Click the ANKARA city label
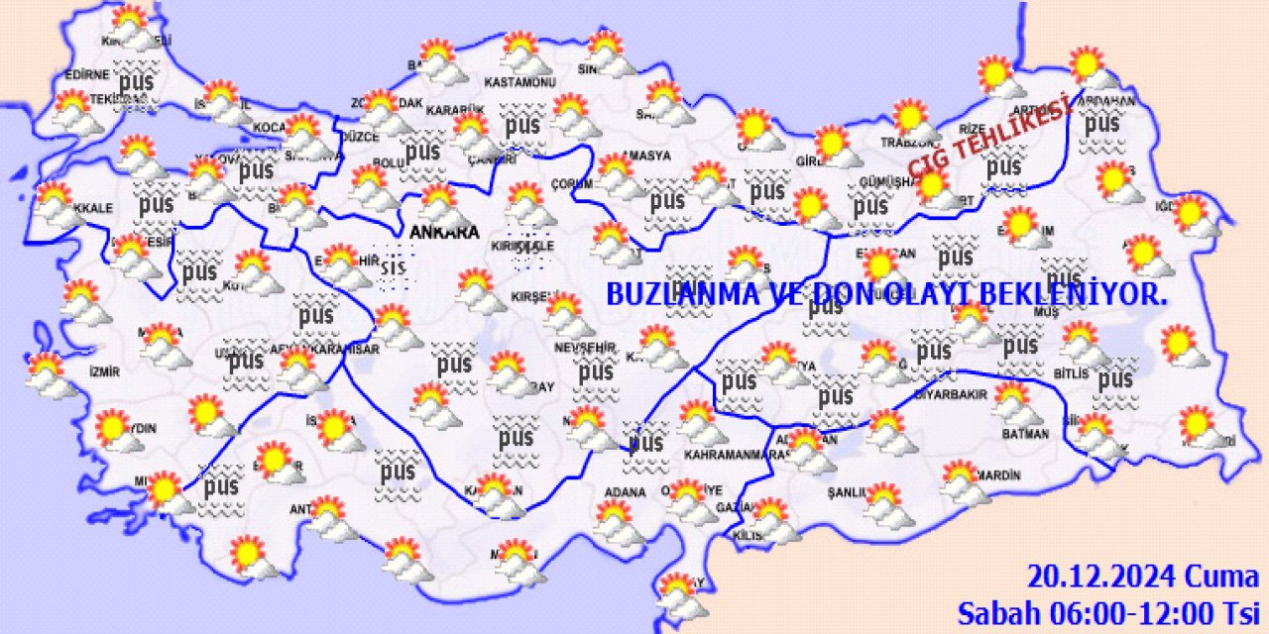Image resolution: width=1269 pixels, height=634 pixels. click(x=443, y=232)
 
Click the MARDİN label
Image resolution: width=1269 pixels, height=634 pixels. click(x=995, y=475)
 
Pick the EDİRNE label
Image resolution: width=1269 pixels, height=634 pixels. click(x=85, y=75)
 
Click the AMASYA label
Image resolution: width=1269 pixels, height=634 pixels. click(x=649, y=156)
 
